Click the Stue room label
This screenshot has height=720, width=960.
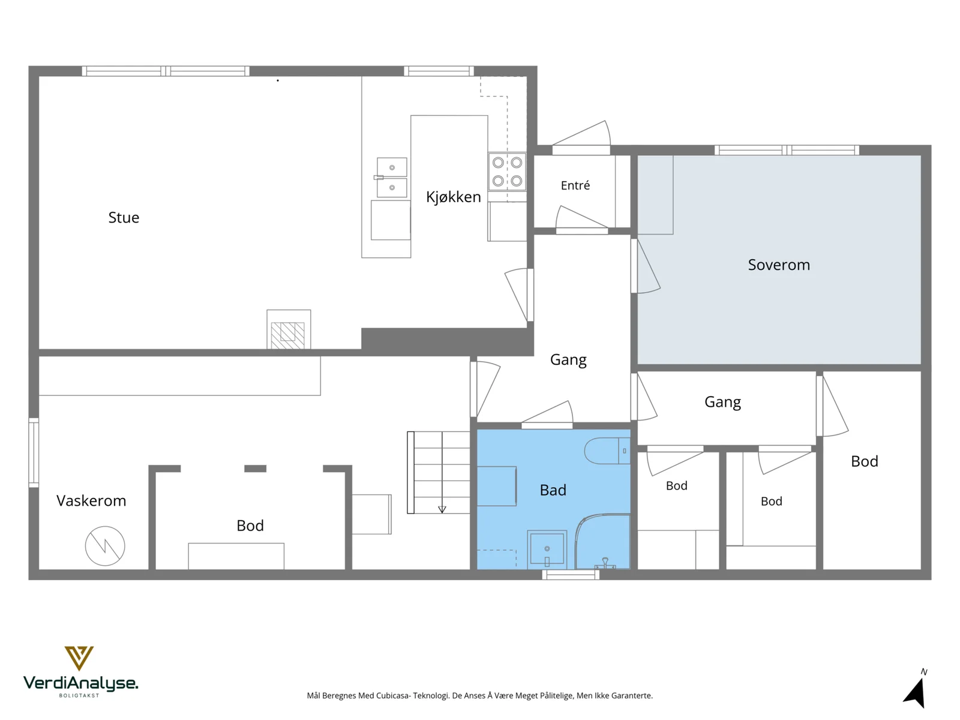tap(124, 217)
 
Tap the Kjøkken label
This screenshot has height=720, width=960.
tap(453, 197)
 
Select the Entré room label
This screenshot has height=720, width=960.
tap(575, 185)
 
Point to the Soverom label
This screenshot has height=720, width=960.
tap(778, 265)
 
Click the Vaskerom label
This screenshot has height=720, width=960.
tap(91, 500)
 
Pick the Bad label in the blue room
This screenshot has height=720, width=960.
tap(553, 490)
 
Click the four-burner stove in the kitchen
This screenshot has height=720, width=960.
tap(507, 172)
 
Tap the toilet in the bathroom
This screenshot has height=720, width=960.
tap(607, 450)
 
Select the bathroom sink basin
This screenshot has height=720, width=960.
tap(547, 550)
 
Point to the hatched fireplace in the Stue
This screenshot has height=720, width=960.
tap(289, 329)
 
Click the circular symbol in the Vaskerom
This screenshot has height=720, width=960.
tap(105, 545)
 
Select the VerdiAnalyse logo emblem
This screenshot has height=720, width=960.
tap(79, 658)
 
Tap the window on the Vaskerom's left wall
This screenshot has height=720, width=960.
tap(34, 452)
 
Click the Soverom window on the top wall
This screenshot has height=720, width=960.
tap(787, 151)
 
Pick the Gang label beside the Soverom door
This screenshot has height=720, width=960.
tap(568, 360)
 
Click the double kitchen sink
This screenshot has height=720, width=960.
tap(392, 177)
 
